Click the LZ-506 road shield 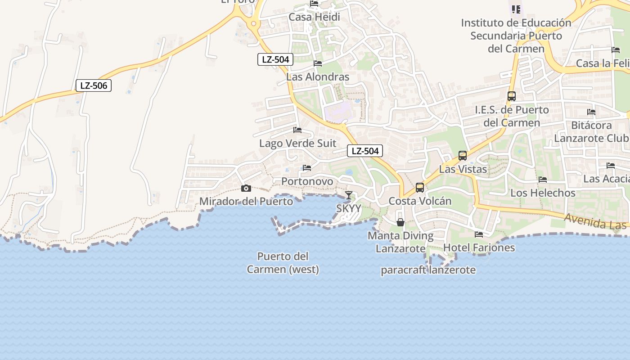94,85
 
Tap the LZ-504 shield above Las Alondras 275,59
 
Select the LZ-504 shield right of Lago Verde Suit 365,151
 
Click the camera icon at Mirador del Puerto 246,189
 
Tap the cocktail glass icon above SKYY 349,195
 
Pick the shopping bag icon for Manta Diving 400,222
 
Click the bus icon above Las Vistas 463,156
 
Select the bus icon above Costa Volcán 420,188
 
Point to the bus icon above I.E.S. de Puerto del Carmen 512,96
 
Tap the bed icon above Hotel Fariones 479,234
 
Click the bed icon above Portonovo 307,168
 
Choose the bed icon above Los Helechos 543,180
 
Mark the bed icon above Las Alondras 318,63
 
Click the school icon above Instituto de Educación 516,9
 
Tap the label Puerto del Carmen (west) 283,263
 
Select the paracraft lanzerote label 428,270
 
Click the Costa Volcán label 420,201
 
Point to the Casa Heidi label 314,17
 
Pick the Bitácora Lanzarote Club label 591,131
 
